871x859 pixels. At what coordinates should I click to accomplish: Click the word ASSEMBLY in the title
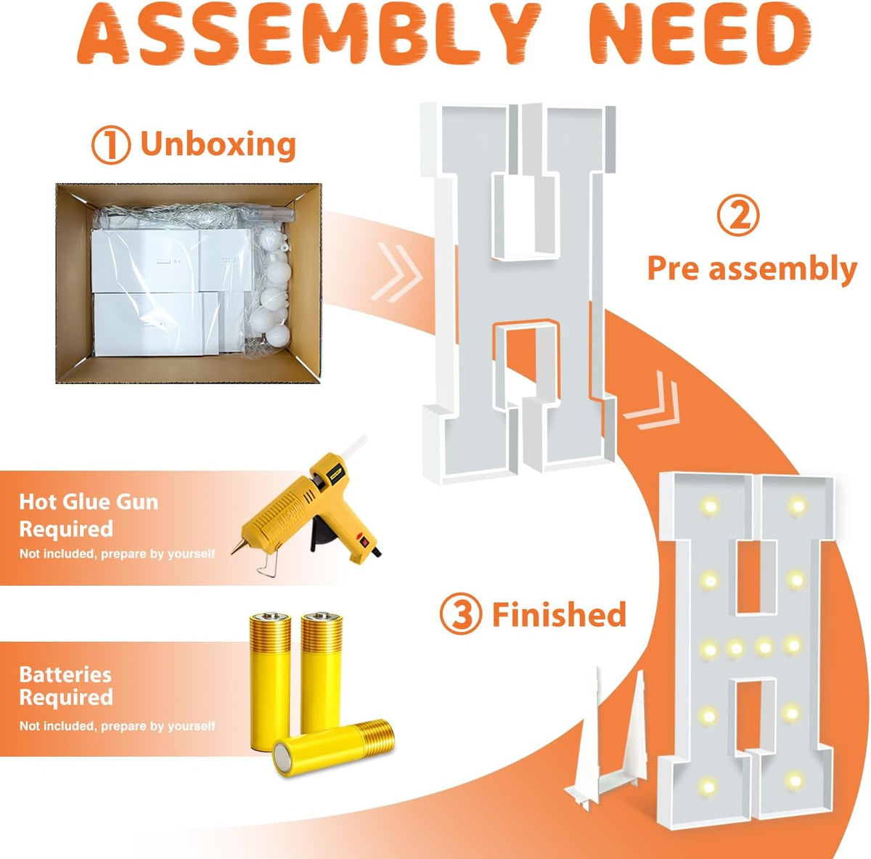[x=307, y=36]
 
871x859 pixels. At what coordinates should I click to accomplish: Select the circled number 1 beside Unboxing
[x=111, y=144]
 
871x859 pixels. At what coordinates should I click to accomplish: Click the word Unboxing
[x=218, y=144]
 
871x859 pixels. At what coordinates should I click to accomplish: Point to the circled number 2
[x=738, y=217]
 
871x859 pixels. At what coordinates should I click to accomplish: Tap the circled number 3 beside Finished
[x=460, y=615]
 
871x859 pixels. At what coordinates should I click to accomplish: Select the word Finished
[x=559, y=615]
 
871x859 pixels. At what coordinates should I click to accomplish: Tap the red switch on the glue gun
[x=362, y=540]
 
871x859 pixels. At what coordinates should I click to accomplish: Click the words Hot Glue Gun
[x=89, y=502]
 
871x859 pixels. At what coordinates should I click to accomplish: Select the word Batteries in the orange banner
[x=65, y=675]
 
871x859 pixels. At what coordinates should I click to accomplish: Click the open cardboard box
[x=189, y=283]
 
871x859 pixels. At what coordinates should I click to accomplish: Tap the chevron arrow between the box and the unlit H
[x=396, y=272]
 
